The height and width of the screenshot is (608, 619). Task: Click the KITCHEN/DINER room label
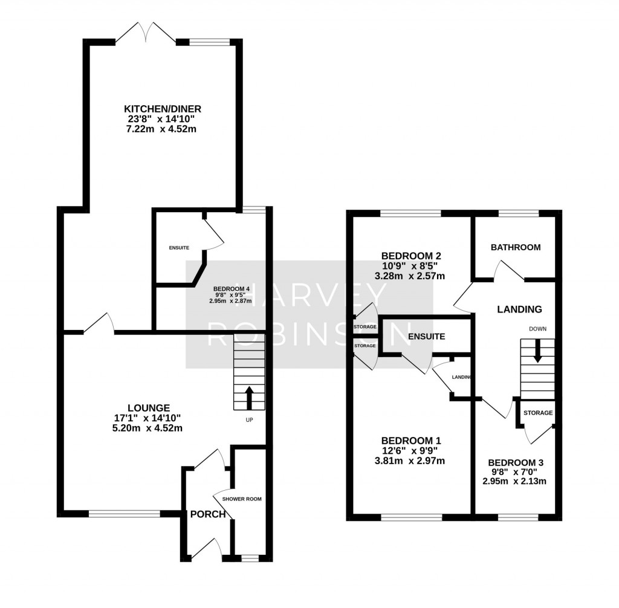coord(162,109)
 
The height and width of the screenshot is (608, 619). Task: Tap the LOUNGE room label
coord(148,408)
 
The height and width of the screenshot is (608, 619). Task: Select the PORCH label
coord(207,514)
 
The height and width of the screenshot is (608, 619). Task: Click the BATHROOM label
coord(515,247)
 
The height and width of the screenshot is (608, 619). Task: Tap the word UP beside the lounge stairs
coord(248,419)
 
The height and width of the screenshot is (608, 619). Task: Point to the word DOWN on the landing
coord(537,329)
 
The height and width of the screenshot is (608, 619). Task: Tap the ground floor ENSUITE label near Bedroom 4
coord(179,248)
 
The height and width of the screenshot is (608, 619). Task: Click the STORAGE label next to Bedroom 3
coord(537,413)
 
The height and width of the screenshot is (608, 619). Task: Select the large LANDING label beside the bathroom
coord(519,309)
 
